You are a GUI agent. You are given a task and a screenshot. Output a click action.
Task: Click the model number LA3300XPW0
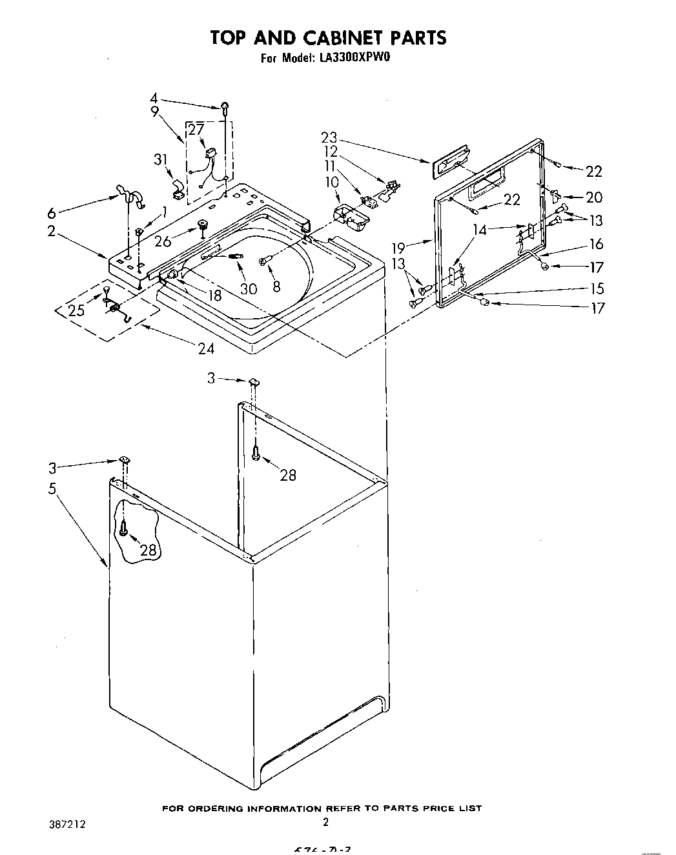click(x=355, y=58)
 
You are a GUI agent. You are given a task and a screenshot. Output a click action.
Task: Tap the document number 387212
click(x=67, y=824)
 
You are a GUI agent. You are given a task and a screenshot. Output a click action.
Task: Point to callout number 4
click(x=153, y=99)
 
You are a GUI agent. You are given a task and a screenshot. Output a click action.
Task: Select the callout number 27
click(x=196, y=130)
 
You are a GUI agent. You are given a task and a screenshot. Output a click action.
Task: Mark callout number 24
click(x=206, y=348)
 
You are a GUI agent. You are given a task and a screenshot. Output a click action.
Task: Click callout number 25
click(x=76, y=310)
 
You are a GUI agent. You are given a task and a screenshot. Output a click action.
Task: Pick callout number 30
click(x=249, y=289)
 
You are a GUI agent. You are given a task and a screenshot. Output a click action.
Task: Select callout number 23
click(x=329, y=137)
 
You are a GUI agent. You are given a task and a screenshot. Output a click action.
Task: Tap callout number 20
click(x=593, y=197)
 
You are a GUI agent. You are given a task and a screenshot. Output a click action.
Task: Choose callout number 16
click(x=596, y=243)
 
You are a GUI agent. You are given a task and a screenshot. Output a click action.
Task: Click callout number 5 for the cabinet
click(x=52, y=489)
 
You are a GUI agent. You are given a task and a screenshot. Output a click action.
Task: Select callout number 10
click(x=331, y=183)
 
